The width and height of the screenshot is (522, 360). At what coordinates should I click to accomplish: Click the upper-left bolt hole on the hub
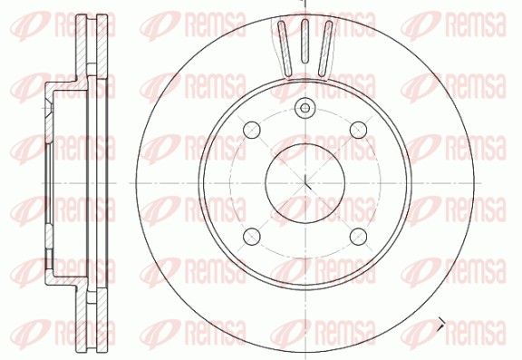point(252,130)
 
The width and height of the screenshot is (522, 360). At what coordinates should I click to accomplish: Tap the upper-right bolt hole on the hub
point(359,130)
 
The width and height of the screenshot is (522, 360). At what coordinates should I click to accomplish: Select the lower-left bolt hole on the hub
point(252,236)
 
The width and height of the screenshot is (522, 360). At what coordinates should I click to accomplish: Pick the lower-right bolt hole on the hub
point(359,236)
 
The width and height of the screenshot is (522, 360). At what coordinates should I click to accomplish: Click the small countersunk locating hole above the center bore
point(304,108)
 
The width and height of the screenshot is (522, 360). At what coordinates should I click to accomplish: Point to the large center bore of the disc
point(304,183)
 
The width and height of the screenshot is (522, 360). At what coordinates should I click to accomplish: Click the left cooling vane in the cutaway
point(285,49)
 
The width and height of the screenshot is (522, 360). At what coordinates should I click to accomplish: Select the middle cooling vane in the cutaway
point(304,42)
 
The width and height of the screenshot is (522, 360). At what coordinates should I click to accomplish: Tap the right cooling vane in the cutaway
point(325,49)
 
